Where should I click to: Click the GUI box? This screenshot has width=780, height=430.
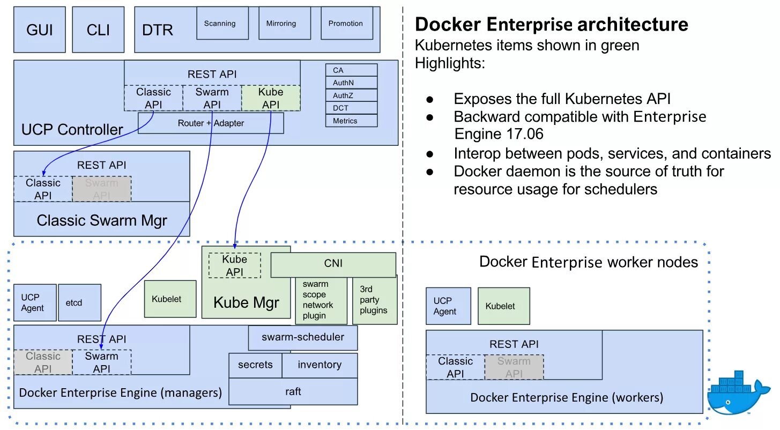(x=40, y=29)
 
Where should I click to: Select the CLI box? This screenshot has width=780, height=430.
(x=98, y=29)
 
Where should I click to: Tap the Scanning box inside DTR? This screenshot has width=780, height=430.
(x=222, y=23)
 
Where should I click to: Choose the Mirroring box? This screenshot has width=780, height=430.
(x=285, y=23)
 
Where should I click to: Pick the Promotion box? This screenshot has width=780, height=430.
(x=347, y=23)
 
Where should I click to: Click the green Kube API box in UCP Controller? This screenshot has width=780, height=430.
(x=271, y=98)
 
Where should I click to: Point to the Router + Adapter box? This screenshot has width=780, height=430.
(x=211, y=123)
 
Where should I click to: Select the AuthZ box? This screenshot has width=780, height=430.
(x=352, y=95)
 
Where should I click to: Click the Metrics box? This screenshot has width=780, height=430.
(x=352, y=121)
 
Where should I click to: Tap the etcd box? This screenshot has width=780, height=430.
(x=79, y=303)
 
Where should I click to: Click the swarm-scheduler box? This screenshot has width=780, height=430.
(x=303, y=338)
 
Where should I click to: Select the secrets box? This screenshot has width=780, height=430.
(x=255, y=365)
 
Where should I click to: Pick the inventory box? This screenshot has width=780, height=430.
(x=320, y=365)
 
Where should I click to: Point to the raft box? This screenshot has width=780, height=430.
(x=293, y=392)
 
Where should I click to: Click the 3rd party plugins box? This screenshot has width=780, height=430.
(x=374, y=300)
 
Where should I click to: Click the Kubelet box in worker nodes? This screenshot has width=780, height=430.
(x=503, y=306)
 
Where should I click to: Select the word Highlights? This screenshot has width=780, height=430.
(x=450, y=63)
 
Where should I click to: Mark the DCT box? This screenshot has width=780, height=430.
(x=352, y=108)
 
